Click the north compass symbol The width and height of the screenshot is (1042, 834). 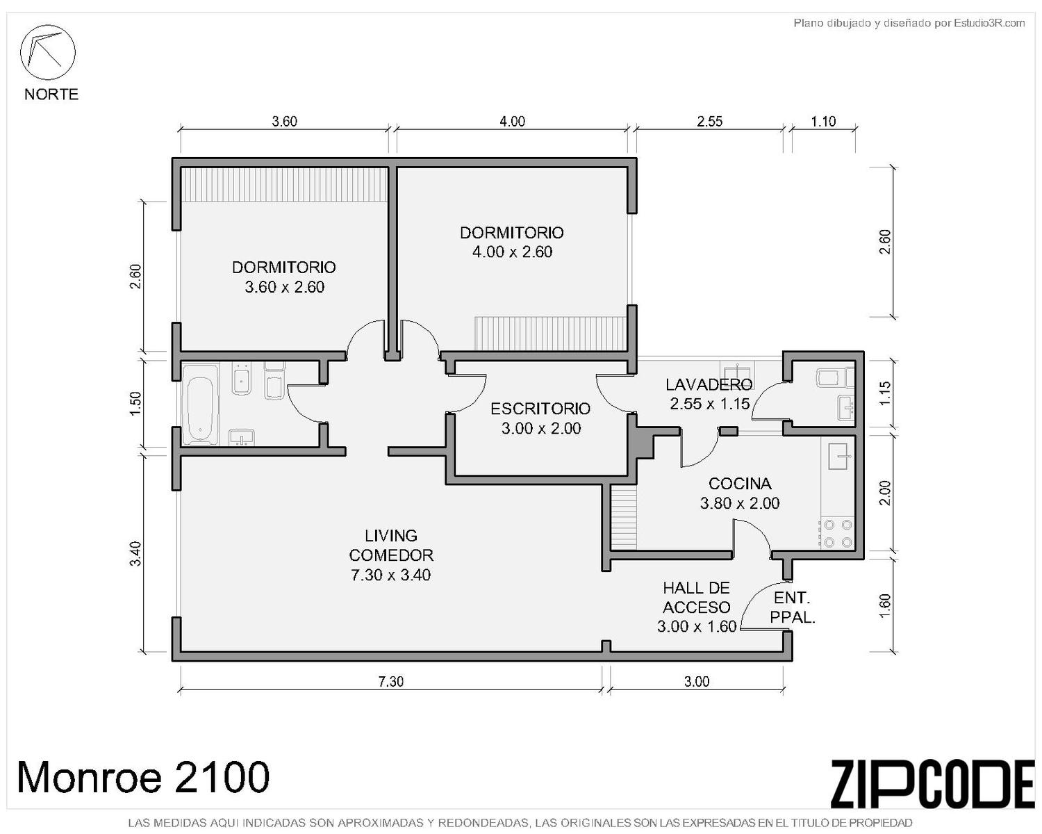(47, 52)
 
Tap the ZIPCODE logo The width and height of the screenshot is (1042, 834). (932, 784)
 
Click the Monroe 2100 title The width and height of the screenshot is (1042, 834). (143, 777)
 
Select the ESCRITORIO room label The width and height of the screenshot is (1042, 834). (540, 409)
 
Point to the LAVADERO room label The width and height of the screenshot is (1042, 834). (709, 384)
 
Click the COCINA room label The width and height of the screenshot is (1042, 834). (740, 483)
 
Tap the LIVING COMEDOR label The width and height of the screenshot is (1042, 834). (390, 545)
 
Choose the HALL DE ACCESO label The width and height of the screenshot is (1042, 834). (696, 598)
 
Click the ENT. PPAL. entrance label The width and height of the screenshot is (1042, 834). (792, 607)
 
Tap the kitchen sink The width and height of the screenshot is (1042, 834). (840, 455)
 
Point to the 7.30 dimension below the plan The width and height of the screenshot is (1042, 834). (390, 681)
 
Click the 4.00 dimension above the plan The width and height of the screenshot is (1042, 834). (512, 121)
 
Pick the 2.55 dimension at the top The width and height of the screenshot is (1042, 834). (709, 121)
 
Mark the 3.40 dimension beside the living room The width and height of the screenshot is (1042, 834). (136, 553)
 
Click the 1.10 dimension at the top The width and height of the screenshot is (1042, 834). (823, 121)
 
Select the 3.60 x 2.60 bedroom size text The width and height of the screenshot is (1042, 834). (284, 287)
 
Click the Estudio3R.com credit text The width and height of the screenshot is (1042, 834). (909, 23)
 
